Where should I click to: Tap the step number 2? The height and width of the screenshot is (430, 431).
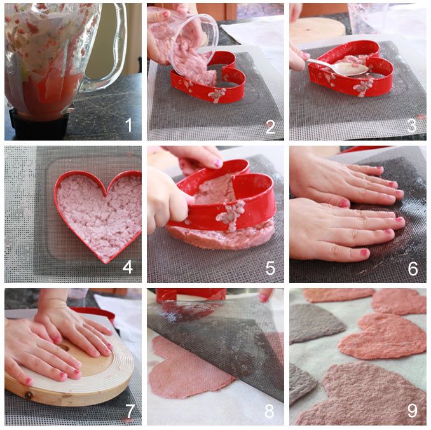tap(270, 127)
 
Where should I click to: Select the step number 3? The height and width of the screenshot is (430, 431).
tap(412, 126)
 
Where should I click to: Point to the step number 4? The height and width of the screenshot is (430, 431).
tap(128, 267)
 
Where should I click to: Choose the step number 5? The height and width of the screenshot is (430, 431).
tap(270, 268)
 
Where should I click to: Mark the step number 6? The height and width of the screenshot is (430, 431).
tap(413, 268)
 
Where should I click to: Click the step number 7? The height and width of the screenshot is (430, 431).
tap(130, 411)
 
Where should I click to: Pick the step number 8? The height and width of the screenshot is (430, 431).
tap(269, 411)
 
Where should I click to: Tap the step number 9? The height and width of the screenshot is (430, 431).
tap(413, 410)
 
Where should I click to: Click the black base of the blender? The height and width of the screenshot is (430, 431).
tap(39, 125)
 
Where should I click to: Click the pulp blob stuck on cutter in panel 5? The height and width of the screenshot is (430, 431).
tap(232, 214)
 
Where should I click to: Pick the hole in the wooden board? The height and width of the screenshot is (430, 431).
tap(64, 348)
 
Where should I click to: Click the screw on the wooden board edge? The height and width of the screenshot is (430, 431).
tap(29, 396)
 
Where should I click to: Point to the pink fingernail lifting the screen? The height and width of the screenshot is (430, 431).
tap(263, 298)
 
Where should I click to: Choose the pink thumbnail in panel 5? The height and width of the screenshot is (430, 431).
tap(218, 163)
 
